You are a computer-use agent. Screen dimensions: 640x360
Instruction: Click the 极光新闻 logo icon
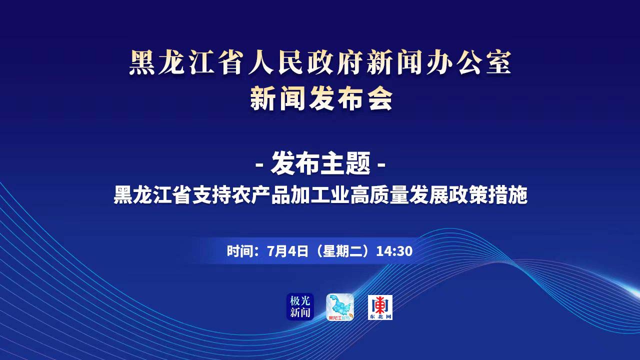pos(300,306)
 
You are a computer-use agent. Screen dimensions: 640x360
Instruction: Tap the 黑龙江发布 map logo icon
pos(340,307)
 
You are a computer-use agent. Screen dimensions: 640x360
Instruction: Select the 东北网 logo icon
pos(380,307)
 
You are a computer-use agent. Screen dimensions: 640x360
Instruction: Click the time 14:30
pos(394,251)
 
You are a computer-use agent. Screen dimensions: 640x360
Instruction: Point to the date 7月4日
pos(287,251)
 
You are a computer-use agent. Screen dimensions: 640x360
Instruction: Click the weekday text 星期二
pos(343,251)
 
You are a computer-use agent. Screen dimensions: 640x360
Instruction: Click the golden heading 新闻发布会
pos(321,99)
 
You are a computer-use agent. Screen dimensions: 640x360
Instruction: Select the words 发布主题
pos(320,163)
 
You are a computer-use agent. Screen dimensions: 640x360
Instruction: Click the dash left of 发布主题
pos(260,165)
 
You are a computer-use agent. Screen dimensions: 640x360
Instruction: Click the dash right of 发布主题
pos(381,165)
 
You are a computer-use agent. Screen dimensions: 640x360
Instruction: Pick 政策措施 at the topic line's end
pos(487,195)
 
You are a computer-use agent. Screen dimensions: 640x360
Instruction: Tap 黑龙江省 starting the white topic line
pos(153,195)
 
